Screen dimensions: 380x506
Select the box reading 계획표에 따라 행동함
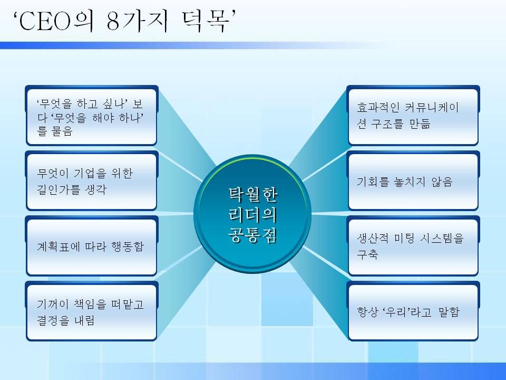coord(91,247)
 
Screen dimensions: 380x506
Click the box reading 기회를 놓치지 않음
coord(413,182)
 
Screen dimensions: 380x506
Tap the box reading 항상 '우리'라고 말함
coord(413,312)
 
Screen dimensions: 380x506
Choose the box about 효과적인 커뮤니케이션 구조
coord(413,117)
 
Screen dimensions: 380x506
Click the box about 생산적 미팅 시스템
coord(413,247)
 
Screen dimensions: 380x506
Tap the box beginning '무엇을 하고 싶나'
coord(91,117)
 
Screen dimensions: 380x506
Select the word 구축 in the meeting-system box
coord(368,255)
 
